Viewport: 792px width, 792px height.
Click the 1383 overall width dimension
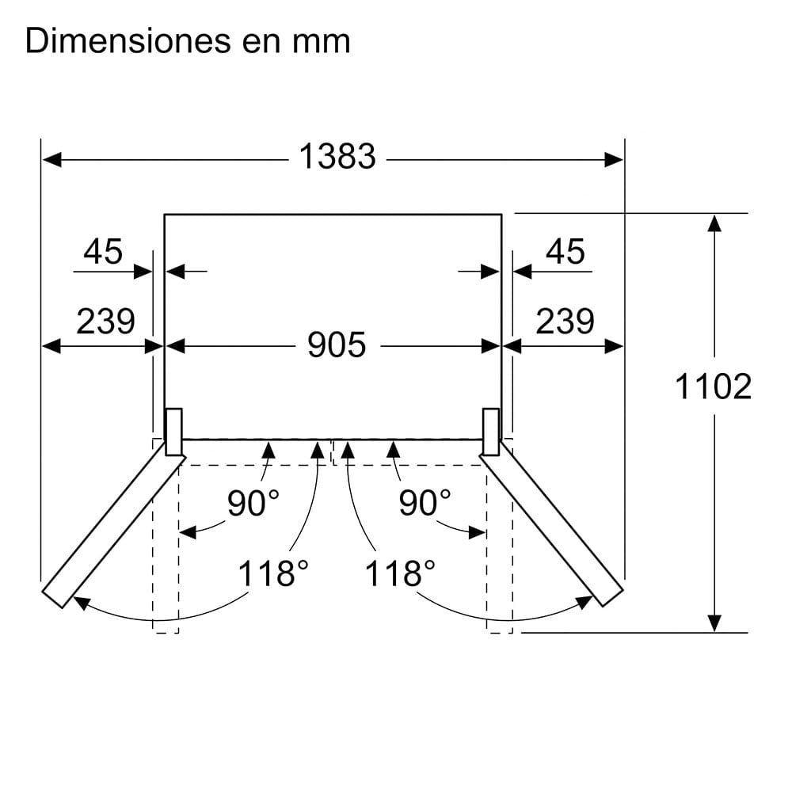337,157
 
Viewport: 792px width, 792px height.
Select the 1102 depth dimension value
713,386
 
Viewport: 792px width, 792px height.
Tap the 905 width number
337,345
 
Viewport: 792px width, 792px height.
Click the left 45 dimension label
103,252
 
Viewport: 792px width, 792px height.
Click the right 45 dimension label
565,252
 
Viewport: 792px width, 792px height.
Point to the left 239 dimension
105,322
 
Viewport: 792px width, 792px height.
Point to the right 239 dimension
565,322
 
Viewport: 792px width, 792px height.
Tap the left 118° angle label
273,573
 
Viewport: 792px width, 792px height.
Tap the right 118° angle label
400,573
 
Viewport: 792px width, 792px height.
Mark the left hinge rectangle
173,432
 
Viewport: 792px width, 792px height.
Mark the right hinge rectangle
491,432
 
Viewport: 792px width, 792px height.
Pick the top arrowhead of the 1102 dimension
714,222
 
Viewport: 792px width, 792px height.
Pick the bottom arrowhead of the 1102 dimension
714,623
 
